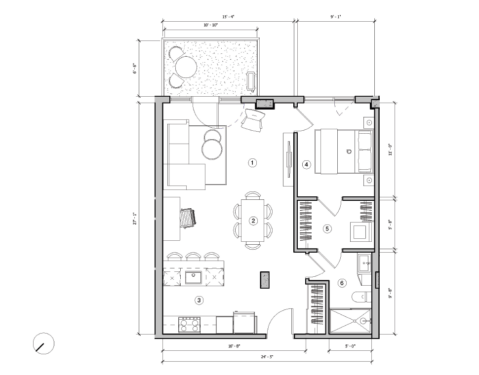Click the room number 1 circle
point(252,163)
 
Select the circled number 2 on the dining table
point(253,221)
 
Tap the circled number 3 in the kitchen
point(199,300)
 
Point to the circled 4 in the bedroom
point(307,165)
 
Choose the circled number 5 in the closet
point(326,228)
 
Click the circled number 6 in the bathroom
point(341,283)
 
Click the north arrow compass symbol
point(43,343)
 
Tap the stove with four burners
point(189,325)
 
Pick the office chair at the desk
point(188,217)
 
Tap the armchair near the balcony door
point(253,120)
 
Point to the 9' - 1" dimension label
point(336,17)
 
